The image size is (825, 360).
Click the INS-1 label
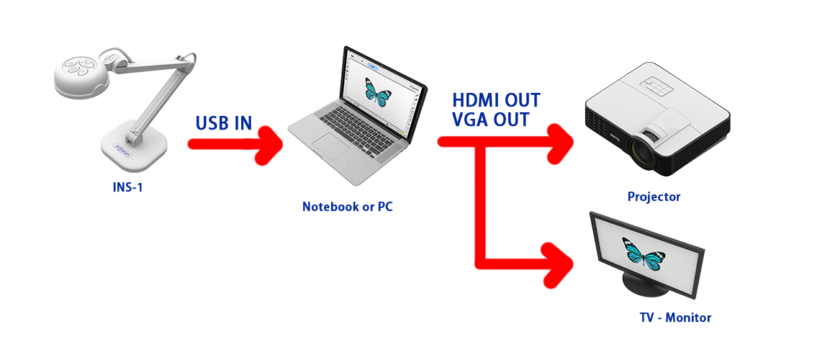pos(127,187)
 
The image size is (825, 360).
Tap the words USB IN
pos(224,122)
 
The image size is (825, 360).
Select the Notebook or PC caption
pos(347,207)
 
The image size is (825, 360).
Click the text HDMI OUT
pos(496,100)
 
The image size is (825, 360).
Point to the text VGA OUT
pos(490,120)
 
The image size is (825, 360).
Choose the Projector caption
pos(654,197)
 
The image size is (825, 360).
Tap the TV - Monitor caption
pos(675,318)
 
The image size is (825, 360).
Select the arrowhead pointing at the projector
pos(559,142)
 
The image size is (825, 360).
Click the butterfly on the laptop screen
pos(377,91)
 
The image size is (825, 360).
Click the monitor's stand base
pos(645,286)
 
